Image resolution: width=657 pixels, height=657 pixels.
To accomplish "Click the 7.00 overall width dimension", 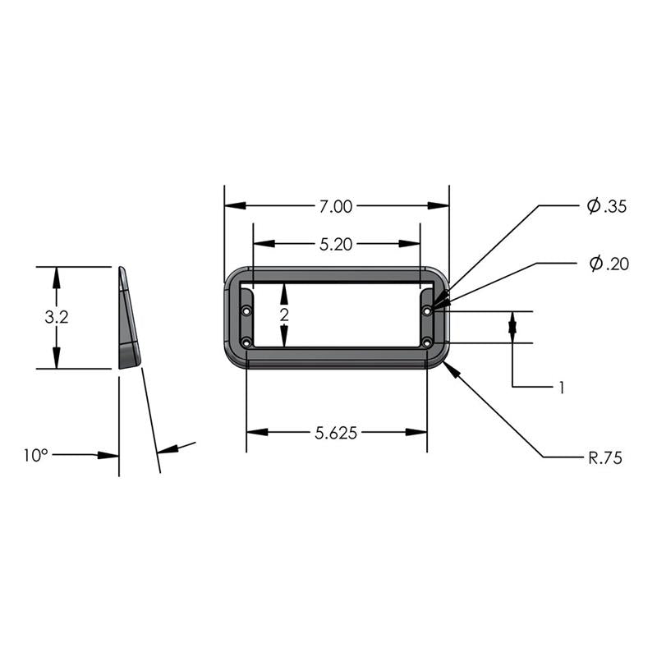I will (x=336, y=207).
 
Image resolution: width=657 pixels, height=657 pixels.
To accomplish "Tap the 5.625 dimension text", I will (x=336, y=434).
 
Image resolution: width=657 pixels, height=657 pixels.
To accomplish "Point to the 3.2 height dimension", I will (x=56, y=318).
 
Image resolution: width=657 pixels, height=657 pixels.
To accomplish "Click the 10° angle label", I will (x=35, y=455).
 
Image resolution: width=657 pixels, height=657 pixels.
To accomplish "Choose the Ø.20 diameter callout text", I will (x=609, y=264).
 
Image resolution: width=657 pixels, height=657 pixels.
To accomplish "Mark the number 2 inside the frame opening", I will (x=284, y=316).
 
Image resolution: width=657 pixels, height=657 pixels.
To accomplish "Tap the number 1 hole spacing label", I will (x=562, y=386).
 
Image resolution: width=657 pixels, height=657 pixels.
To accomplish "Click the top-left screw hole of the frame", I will (x=247, y=311).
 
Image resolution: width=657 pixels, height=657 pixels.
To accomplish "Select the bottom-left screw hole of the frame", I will (x=247, y=342).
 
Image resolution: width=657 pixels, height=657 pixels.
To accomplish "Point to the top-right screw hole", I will (x=427, y=311).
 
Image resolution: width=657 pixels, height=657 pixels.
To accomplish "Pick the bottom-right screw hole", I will (x=427, y=342).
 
